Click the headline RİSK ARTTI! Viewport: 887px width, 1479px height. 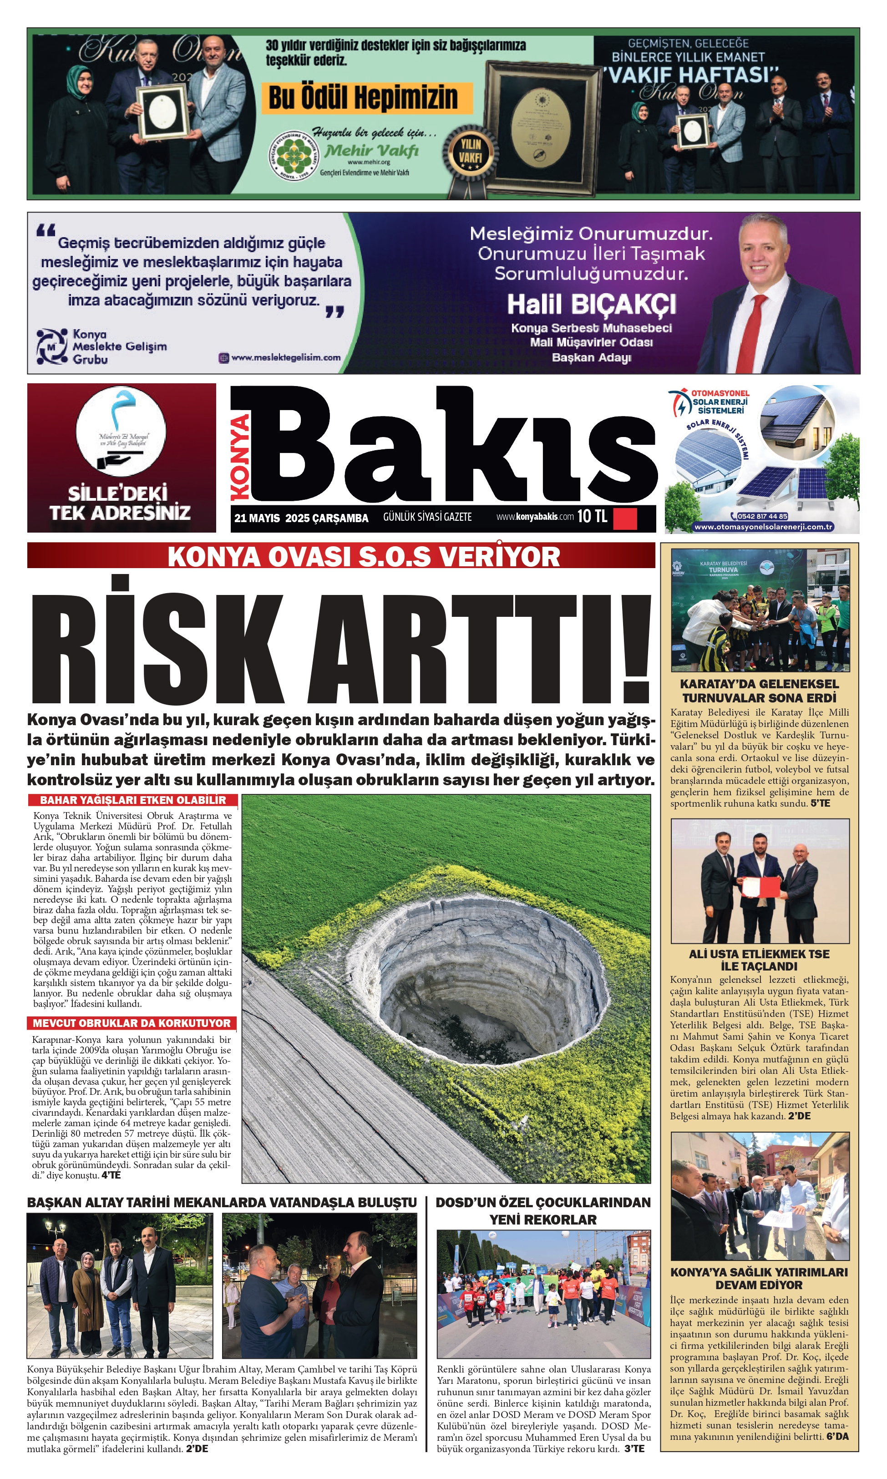pos(341,640)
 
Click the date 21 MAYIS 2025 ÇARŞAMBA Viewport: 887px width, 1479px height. pos(301,518)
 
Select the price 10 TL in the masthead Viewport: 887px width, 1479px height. pos(592,517)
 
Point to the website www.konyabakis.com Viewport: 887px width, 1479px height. pos(534,517)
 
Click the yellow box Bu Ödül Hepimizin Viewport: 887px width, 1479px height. pos(363,98)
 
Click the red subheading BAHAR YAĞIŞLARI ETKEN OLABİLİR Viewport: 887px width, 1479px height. pos(133,800)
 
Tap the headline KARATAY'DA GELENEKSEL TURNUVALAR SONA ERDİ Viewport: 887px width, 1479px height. pos(759,691)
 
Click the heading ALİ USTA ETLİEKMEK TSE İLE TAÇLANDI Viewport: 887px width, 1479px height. pos(759,960)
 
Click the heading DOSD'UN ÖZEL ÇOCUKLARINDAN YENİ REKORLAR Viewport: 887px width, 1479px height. pos(543,1210)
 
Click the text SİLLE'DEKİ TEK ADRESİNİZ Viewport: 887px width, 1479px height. pos(120,503)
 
